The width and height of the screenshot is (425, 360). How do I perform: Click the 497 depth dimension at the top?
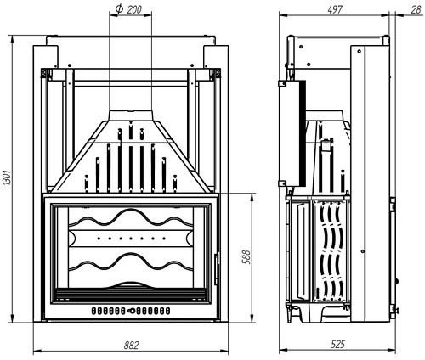click(336, 8)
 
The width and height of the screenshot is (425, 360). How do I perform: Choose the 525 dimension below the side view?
click(339, 346)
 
